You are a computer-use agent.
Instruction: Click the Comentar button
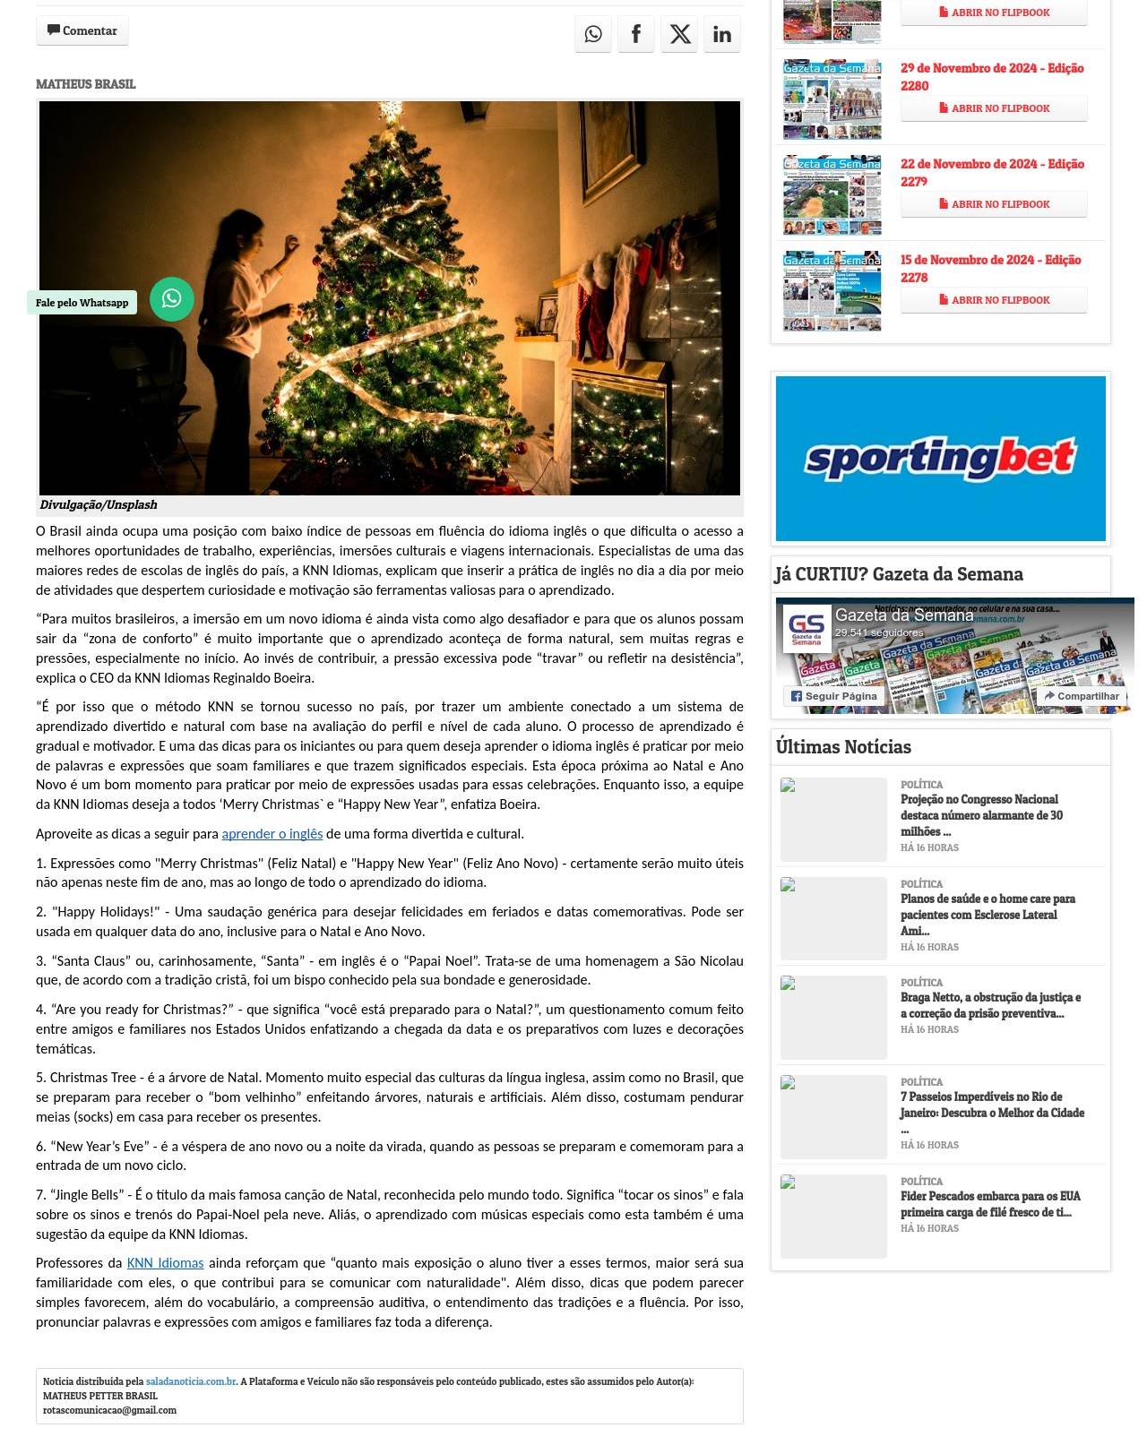(82, 31)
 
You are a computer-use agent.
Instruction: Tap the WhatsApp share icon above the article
(593, 34)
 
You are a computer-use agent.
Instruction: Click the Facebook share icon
(636, 34)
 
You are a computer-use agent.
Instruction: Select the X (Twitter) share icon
(679, 34)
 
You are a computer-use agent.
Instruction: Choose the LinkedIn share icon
(722, 34)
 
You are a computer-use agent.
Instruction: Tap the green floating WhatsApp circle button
(172, 298)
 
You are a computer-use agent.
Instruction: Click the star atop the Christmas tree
(391, 112)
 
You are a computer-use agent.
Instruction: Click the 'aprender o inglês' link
(272, 834)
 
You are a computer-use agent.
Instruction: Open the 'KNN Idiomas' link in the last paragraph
(165, 1263)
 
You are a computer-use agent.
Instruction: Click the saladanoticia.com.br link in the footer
(191, 1381)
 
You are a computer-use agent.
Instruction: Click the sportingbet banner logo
(940, 458)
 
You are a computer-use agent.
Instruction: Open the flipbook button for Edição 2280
(994, 108)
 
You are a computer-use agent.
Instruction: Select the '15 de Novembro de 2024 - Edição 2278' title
(990, 269)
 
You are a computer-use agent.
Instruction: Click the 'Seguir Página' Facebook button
(833, 696)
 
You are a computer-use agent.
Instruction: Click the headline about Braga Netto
(990, 1005)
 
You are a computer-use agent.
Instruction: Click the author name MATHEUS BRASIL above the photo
(86, 84)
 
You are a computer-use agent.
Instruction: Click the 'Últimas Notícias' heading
(843, 747)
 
